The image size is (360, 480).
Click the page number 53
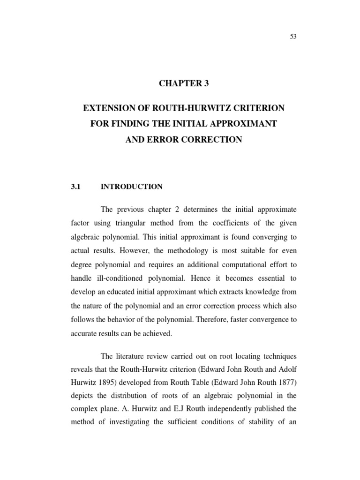(293, 37)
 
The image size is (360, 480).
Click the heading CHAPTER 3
(184, 83)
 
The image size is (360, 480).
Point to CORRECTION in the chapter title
(211, 140)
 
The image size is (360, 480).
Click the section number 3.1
(76, 187)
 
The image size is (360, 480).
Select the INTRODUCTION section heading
(132, 187)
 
